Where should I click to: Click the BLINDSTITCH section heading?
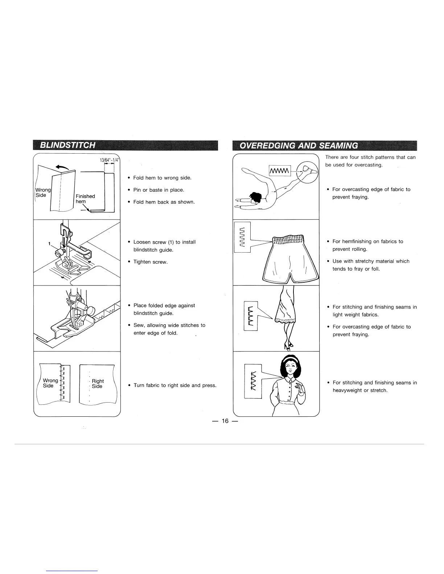pos(68,145)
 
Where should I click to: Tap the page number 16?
pos(225,421)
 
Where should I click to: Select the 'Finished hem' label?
pos(85,199)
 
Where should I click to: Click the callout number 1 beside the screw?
pos(50,244)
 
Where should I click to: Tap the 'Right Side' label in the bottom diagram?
pos(97,383)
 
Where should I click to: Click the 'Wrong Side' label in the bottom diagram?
pos(50,383)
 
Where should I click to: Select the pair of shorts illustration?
pos(290,257)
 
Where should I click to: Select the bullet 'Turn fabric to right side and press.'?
pos(175,385)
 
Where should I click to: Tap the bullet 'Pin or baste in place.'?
pos(159,190)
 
